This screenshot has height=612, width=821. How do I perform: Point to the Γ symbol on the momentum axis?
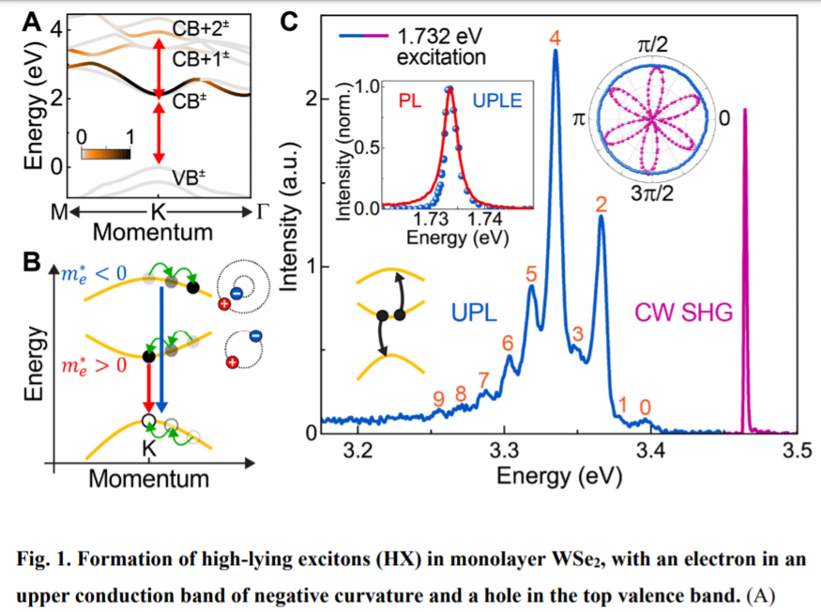(x=262, y=210)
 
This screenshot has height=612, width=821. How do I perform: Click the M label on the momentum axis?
(x=58, y=210)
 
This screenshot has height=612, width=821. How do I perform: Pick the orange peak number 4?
(x=555, y=38)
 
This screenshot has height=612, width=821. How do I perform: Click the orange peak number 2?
(x=601, y=203)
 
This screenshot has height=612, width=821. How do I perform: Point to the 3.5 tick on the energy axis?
(x=797, y=452)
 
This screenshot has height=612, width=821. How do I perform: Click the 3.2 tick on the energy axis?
(x=358, y=452)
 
